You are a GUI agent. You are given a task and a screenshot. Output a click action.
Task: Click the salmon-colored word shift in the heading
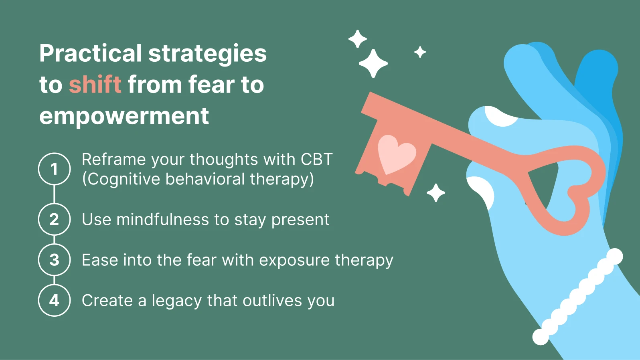click(x=95, y=84)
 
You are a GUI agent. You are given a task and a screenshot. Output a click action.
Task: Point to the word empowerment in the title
click(x=124, y=117)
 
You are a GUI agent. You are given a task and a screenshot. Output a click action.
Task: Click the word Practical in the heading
click(x=91, y=53)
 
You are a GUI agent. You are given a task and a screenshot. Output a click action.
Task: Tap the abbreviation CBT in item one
click(x=316, y=159)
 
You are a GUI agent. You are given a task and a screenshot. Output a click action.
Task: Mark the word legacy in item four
click(x=177, y=301)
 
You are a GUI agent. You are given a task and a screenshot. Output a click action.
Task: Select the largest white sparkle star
click(x=373, y=63)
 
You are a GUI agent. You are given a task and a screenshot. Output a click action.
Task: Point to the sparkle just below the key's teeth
click(x=436, y=192)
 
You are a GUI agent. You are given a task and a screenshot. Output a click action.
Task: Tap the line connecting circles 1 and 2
click(x=54, y=194)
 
